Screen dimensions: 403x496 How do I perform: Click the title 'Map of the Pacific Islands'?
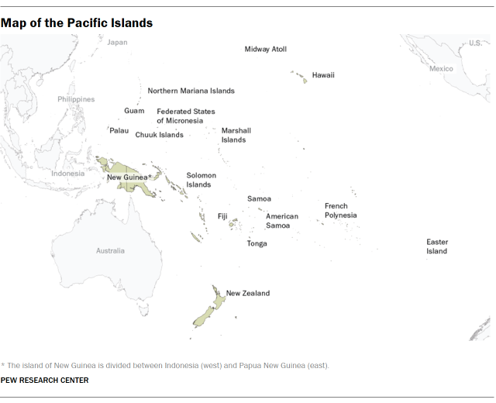pos(77,23)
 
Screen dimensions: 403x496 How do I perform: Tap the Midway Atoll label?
pos(266,50)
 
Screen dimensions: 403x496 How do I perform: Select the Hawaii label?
pos(323,76)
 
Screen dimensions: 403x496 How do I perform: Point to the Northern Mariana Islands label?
pos(191,91)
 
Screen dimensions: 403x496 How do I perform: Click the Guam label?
pos(134,111)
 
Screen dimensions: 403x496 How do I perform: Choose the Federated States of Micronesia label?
pos(185,116)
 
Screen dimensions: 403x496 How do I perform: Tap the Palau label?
pos(119,131)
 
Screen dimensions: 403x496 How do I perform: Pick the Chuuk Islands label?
pos(159,135)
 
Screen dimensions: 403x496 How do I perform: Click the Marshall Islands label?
pos(236,136)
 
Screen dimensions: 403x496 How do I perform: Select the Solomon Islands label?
pos(201,180)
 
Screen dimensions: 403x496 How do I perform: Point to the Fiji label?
pos(222,216)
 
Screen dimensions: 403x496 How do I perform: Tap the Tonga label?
pos(257,244)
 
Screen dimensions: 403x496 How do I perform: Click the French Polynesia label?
pos(340,211)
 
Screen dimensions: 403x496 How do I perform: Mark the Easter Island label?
pos(437,246)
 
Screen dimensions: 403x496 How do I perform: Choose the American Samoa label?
pos(281,221)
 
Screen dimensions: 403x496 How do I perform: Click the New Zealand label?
pos(247,294)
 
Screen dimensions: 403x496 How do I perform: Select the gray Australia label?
pos(109,251)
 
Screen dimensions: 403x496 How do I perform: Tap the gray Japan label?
pos(117,43)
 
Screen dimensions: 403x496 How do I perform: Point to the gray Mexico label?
pos(441,69)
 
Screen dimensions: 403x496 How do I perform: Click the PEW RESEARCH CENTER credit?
pos(44,381)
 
